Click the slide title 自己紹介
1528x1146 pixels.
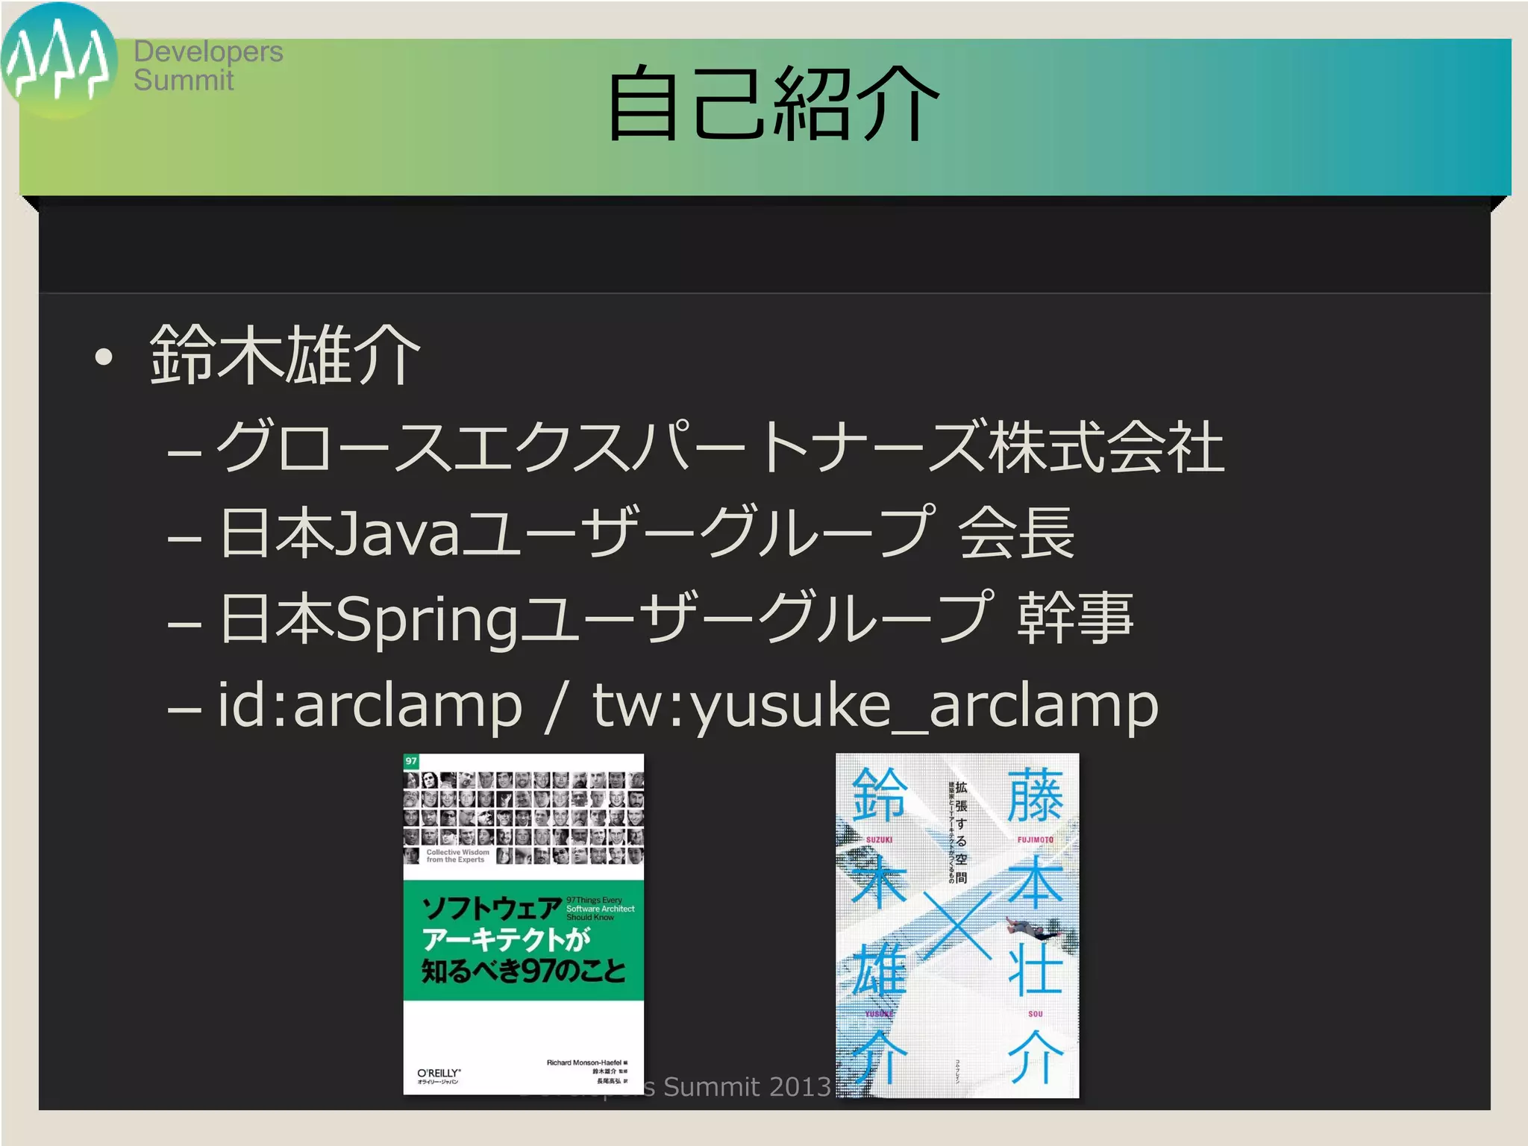coord(772,104)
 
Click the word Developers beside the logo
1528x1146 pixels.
coord(208,52)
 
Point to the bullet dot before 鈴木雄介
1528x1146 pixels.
coord(104,357)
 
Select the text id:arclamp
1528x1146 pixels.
coord(370,705)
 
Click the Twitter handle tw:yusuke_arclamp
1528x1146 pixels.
coord(875,705)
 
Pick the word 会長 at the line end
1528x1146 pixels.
coord(1016,533)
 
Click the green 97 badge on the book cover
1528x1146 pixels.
coord(411,761)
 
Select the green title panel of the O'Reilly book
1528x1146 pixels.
coord(523,940)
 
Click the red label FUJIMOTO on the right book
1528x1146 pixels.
coord(1035,840)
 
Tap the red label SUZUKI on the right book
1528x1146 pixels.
coord(879,840)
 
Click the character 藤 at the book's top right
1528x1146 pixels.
coord(1035,797)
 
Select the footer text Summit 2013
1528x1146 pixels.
coord(746,1087)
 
